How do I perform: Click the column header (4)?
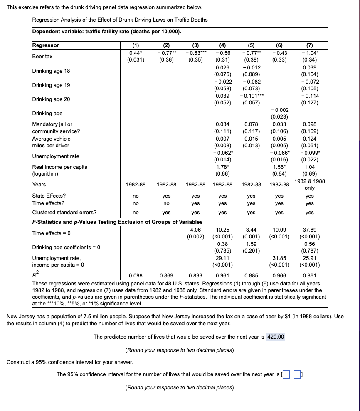tap(222, 45)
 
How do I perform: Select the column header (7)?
tap(309, 45)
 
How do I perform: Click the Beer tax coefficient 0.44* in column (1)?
tap(136, 53)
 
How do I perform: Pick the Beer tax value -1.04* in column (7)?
tap(309, 53)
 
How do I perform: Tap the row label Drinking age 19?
tap(51, 85)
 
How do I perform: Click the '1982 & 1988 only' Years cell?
tap(309, 184)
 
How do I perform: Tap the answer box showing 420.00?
tap(275, 337)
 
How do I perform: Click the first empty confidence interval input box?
tap(286, 374)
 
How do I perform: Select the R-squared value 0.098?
tap(136, 275)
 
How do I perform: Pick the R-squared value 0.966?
tap(279, 275)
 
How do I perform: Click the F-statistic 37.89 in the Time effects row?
tap(309, 230)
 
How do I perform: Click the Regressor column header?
tap(46, 45)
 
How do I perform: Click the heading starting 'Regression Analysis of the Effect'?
tap(120, 20)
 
